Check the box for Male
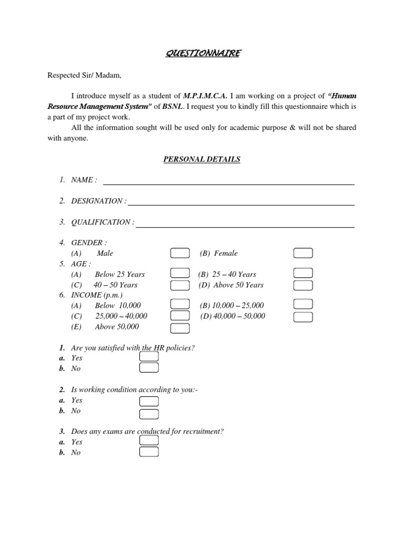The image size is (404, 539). pos(180,253)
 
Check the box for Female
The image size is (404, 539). pos(303,253)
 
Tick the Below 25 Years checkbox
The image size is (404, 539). pos(180,273)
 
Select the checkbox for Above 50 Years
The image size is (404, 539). pos(303,285)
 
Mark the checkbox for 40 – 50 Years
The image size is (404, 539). pos(180,285)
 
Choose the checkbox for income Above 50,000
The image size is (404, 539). pos(180,328)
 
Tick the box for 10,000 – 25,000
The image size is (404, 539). pos(303,304)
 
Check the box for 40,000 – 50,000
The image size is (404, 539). pos(303,316)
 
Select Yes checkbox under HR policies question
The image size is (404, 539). pos(149,357)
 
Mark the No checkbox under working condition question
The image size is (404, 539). pos(149,414)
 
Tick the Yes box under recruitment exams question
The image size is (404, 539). pos(149,440)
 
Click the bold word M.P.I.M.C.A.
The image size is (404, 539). pos(205,96)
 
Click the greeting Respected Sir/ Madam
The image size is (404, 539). pos(85,75)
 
